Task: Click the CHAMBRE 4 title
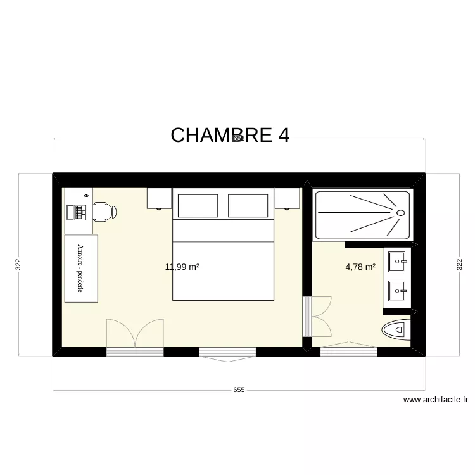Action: tap(229, 134)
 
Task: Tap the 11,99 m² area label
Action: tap(182, 267)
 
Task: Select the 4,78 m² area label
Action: tap(360, 267)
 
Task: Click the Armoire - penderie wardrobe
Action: tap(80, 268)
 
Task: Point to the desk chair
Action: tap(105, 212)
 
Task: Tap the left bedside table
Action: tap(160, 198)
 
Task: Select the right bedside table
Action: tap(287, 198)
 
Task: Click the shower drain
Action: tap(400, 213)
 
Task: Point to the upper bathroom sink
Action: tap(398, 259)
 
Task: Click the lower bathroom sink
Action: tap(398, 292)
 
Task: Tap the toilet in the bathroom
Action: tap(396, 330)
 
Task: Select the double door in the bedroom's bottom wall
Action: tap(135, 334)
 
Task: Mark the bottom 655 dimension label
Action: tap(238, 390)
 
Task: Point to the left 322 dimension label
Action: tap(18, 264)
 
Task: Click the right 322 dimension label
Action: tap(459, 264)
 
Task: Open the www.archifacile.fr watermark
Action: tap(435, 400)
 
